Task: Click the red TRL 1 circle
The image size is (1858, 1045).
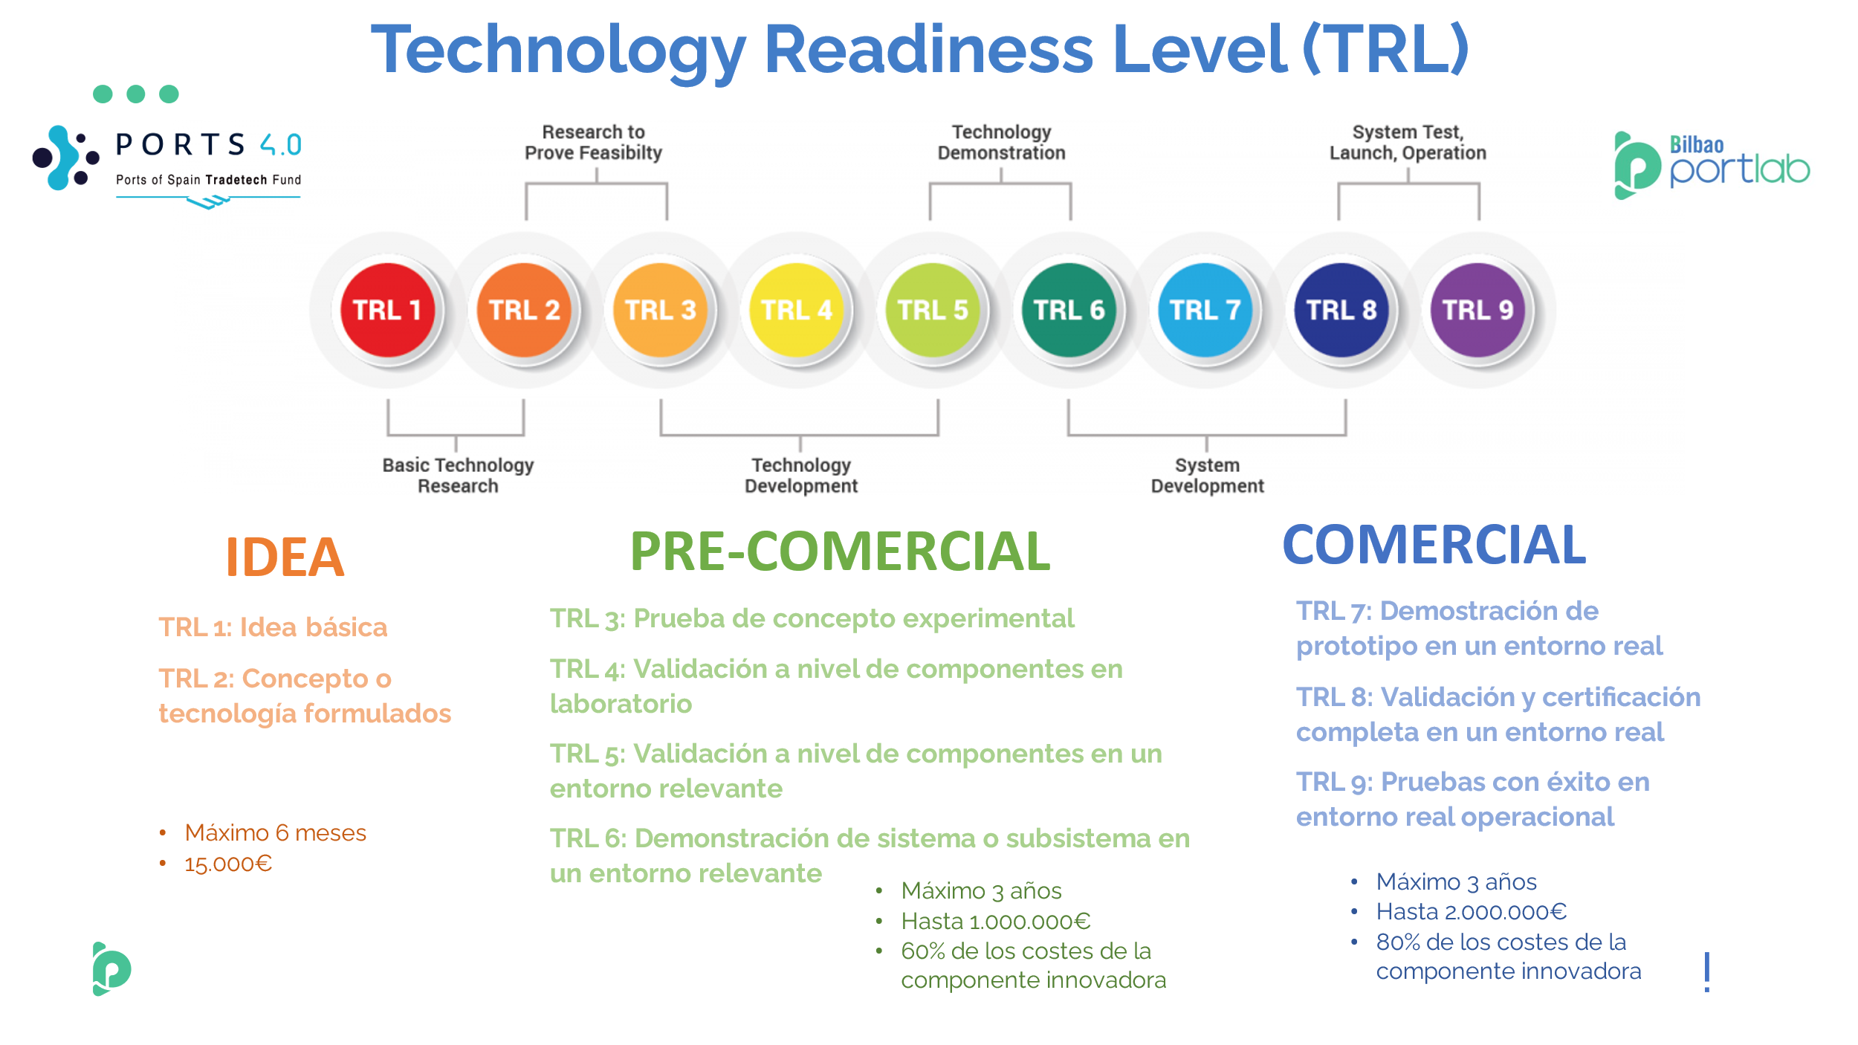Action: coord(387,310)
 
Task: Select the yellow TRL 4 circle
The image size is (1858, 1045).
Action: coord(797,310)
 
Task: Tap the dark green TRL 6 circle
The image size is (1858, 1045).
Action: coord(1069,310)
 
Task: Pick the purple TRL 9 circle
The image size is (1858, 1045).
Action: coord(1477,310)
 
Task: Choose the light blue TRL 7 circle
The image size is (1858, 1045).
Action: coord(1205,310)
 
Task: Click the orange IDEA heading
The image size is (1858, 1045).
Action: coord(285,557)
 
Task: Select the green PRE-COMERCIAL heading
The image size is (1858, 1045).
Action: coord(840,551)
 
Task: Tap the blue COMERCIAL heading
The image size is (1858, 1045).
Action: coord(1434,544)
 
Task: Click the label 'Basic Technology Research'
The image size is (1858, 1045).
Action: coord(458,475)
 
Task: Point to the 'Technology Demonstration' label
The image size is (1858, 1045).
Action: coord(1001,142)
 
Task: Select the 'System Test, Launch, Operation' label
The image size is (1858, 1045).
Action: coord(1408,142)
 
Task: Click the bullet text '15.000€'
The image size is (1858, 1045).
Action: coord(228,864)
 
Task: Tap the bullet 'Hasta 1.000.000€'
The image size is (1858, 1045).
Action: coord(996,921)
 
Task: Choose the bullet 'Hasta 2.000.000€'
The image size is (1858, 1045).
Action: coord(1472,911)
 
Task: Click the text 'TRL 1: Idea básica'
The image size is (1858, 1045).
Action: coord(273,627)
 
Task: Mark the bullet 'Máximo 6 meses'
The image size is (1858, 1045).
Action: coord(275,832)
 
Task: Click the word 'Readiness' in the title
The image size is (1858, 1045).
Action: coord(928,49)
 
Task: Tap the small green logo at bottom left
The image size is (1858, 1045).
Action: coord(111,968)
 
